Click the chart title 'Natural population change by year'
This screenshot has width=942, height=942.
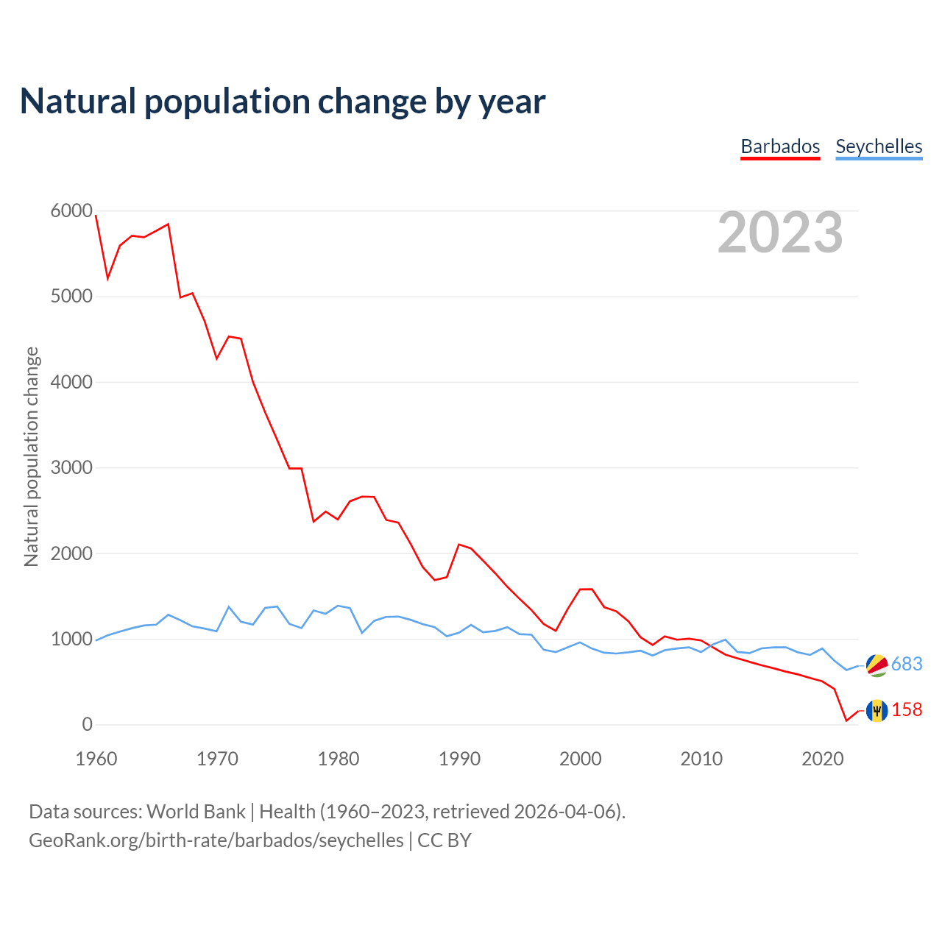coord(283,102)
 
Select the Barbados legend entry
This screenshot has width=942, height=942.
coord(780,146)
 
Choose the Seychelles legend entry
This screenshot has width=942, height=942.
coord(879,146)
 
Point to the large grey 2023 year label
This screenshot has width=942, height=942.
coord(780,233)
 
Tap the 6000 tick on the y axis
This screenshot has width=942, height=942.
coord(71,211)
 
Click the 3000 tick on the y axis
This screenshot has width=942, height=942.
coord(71,468)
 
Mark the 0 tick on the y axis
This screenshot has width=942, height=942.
coord(88,725)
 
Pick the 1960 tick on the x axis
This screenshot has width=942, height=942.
coord(96,759)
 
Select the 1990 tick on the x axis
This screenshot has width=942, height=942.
coord(459,759)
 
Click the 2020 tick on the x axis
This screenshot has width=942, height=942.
coord(822,759)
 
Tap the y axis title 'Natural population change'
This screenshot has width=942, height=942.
coord(32,456)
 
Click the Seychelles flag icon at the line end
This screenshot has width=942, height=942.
coord(877,665)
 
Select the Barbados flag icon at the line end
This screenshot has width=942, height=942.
coord(877,710)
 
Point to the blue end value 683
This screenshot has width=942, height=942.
coord(907,665)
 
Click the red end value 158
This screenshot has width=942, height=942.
coord(907,710)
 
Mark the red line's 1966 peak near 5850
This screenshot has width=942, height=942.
coord(169,224)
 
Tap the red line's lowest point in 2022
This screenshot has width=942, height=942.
coord(846,720)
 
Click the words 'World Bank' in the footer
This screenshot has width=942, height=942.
coord(196,812)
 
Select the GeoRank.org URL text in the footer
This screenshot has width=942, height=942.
coord(216,840)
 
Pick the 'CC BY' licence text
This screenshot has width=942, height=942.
coord(445,840)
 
